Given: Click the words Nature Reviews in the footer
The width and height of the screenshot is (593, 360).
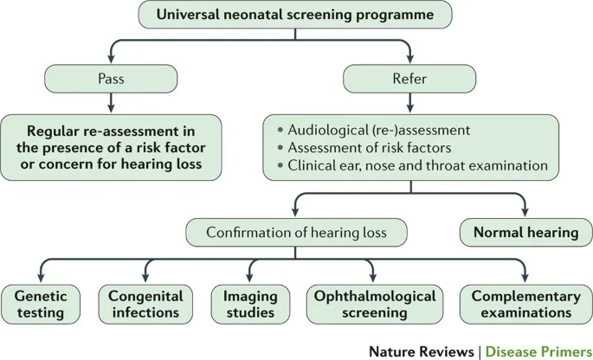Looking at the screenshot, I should (x=421, y=350).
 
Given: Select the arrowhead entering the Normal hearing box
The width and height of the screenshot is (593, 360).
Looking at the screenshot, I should (x=524, y=213).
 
